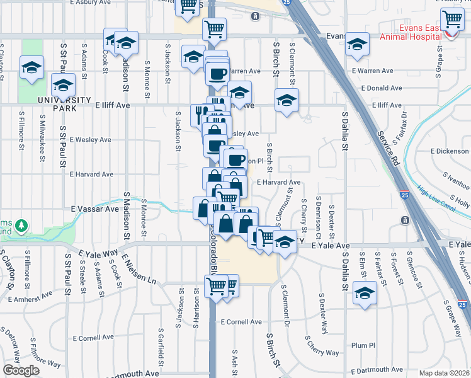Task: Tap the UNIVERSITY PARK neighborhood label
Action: point(63,101)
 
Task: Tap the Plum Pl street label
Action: point(363,345)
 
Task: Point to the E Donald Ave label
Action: point(382,88)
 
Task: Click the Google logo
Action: point(21,370)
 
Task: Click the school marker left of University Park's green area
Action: point(31,67)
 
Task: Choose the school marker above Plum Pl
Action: point(365,292)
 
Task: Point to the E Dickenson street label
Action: point(450,151)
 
